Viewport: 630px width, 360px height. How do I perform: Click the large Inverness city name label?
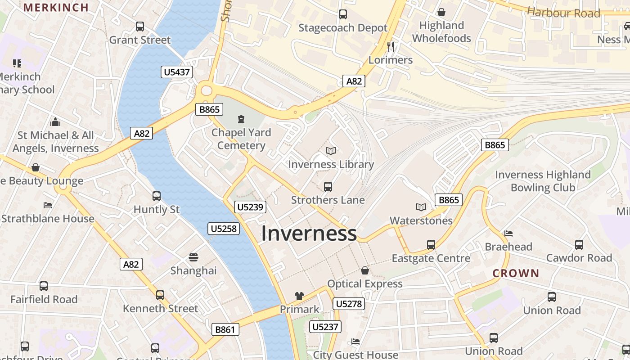[x=309, y=234]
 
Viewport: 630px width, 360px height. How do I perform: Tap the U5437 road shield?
[x=177, y=72]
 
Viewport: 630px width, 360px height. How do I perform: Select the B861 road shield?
[x=225, y=329]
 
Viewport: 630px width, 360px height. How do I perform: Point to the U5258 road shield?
[x=224, y=229]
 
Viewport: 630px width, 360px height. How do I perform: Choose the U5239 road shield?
[x=250, y=207]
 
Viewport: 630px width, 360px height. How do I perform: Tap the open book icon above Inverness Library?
[x=331, y=151]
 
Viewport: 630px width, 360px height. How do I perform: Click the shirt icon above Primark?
[x=299, y=296]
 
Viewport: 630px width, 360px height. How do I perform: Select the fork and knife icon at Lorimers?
[x=391, y=46]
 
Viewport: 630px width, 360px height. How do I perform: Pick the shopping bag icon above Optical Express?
[x=365, y=270]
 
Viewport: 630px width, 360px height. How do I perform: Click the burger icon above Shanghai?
[x=193, y=257]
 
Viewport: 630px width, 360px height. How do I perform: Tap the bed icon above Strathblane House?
[x=48, y=205]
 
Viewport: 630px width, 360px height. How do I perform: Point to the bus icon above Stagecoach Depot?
[x=343, y=14]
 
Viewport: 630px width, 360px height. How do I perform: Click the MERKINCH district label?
[x=56, y=7]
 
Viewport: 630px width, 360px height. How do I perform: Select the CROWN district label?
[x=516, y=273]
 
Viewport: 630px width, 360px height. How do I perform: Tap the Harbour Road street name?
[x=563, y=12]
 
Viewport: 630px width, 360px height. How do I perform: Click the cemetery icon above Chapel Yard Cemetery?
[x=241, y=119]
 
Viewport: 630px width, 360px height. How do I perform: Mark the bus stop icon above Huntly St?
[x=157, y=196]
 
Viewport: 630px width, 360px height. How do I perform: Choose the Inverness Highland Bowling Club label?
[x=543, y=181]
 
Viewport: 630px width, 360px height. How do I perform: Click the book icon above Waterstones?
[x=421, y=207]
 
